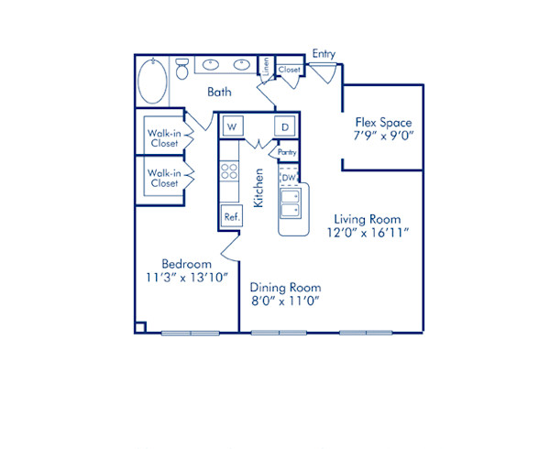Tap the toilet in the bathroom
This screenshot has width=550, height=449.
point(181,69)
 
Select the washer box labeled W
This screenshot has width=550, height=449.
point(231,126)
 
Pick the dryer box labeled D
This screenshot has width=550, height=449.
point(285,126)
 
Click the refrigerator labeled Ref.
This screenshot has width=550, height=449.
point(231,217)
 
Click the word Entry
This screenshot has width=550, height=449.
point(324,54)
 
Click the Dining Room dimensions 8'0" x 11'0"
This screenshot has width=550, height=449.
point(286,300)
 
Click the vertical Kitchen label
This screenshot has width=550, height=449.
point(259,187)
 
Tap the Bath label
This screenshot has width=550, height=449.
point(218,92)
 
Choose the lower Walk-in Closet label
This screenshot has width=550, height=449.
point(164,178)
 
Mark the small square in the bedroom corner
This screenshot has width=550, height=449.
point(140,326)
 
